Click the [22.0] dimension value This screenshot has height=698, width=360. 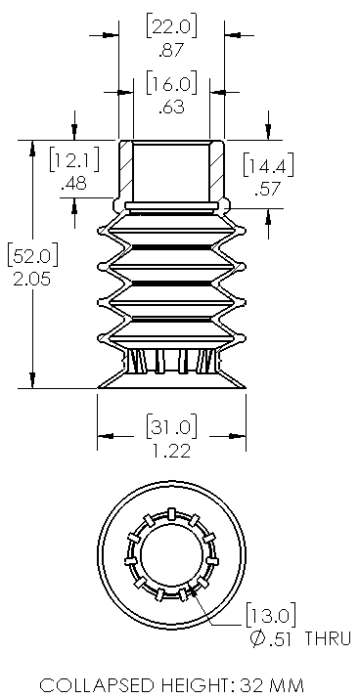tap(171, 26)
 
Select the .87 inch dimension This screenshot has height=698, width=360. tap(171, 50)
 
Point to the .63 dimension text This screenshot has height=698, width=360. tap(171, 108)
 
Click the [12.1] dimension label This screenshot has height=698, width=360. tap(75, 159)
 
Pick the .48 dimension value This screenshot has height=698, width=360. tap(75, 183)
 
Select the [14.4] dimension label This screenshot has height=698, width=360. tap(269, 166)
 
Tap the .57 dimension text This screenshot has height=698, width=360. tap(269, 190)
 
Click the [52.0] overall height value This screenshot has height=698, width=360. tap(33, 256)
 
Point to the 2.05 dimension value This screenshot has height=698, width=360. tap(33, 280)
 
